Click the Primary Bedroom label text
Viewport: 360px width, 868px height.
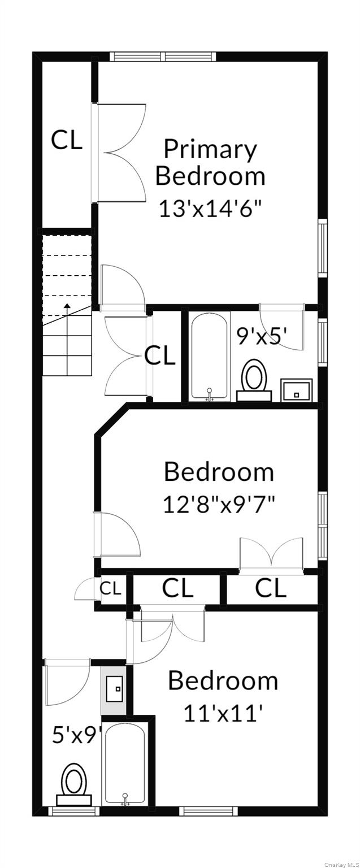point(210,163)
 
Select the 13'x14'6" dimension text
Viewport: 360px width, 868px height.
point(210,209)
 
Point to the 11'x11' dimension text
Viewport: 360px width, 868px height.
point(223,713)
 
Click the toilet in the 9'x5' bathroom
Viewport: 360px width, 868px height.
point(254,379)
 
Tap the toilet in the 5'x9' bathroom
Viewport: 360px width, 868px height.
point(73,782)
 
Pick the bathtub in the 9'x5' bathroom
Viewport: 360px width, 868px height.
point(210,356)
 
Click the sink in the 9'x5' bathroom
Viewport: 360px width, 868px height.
point(297,390)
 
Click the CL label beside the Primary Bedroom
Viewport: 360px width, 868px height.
point(67,140)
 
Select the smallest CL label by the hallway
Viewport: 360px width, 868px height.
point(111,589)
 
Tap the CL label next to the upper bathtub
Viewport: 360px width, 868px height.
point(160,356)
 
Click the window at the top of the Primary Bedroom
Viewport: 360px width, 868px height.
point(163,57)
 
